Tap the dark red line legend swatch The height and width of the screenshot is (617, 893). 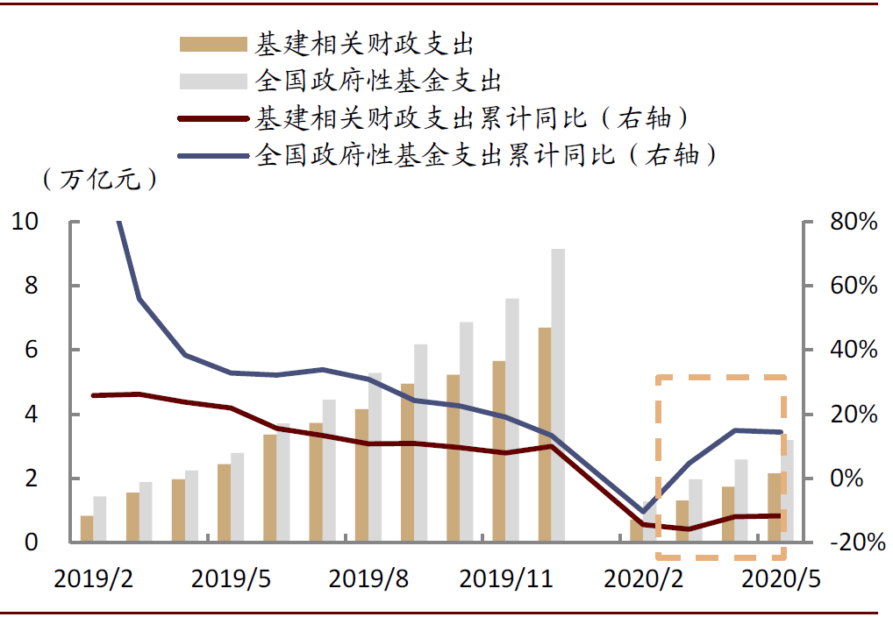pyautogui.click(x=213, y=118)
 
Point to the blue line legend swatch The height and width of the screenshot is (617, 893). pyautogui.click(x=213, y=156)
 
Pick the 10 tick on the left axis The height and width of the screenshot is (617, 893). pyautogui.click(x=25, y=222)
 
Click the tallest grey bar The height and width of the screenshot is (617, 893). pyautogui.click(x=558, y=395)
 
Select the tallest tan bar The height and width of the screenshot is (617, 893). pyautogui.click(x=545, y=435)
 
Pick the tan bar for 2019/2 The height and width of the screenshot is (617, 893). pyautogui.click(x=87, y=528)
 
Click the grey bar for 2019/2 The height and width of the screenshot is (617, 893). pyautogui.click(x=100, y=519)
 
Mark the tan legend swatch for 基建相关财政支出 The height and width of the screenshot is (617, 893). pyautogui.click(x=213, y=44)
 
